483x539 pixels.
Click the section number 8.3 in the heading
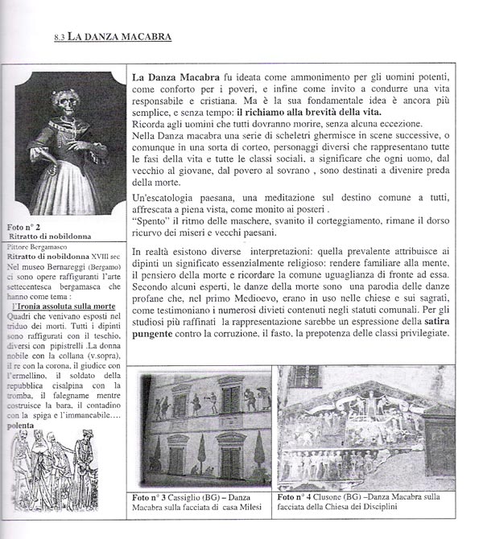59,36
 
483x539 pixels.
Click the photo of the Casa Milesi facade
200,430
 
